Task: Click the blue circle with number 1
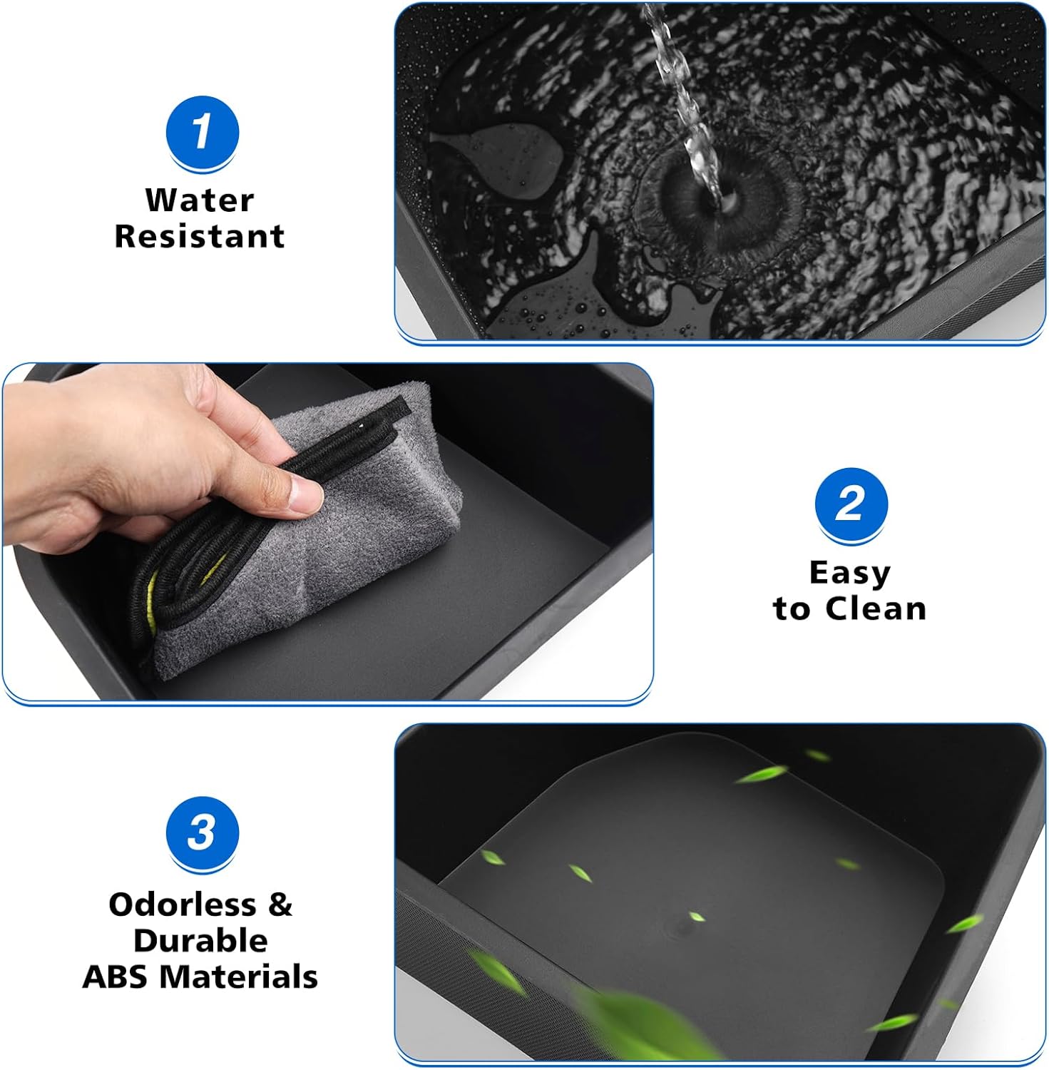click(x=202, y=133)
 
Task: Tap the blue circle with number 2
click(x=851, y=504)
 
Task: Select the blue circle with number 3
click(x=202, y=832)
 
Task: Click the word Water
click(x=200, y=200)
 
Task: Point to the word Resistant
click(x=200, y=236)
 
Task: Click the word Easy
click(x=849, y=573)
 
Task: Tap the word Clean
click(x=876, y=608)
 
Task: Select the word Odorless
click(x=183, y=905)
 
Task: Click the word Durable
click(x=200, y=940)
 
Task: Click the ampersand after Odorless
click(x=280, y=905)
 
